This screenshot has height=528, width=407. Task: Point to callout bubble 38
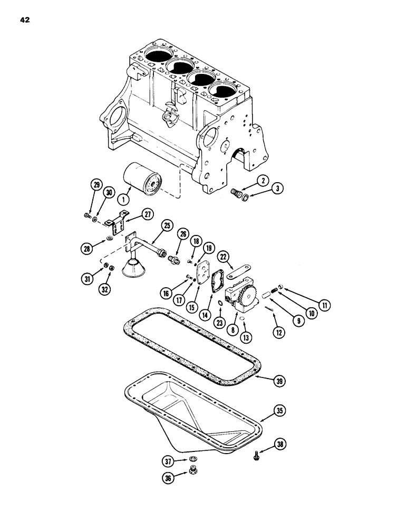[279, 446]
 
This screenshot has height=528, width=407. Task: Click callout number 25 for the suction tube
[167, 225]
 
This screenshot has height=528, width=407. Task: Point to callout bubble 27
[147, 213]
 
